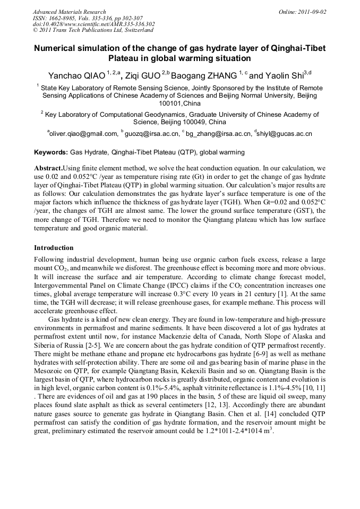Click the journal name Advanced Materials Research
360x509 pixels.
coord(69,12)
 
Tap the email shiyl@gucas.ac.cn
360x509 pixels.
coord(285,134)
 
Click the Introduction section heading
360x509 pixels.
coord(54,248)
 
